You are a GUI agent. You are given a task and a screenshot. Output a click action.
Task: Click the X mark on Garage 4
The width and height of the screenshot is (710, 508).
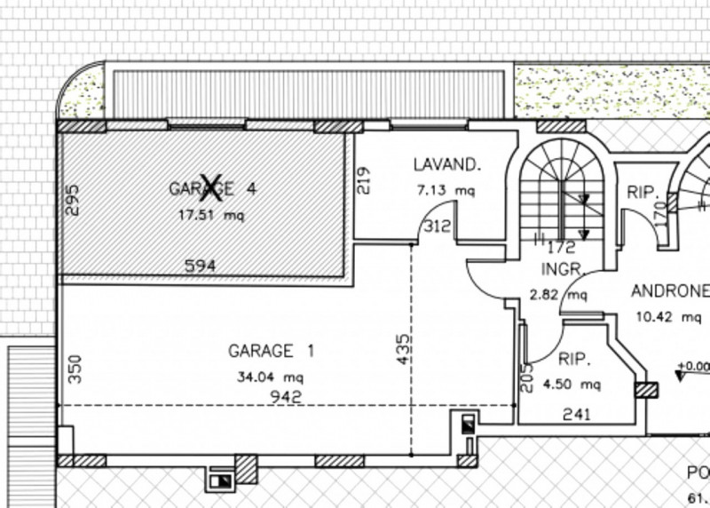click(x=210, y=186)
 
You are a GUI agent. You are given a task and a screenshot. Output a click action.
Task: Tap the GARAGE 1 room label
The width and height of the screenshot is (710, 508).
click(x=271, y=350)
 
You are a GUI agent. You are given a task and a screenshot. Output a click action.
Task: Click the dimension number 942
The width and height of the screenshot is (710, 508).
click(x=289, y=396)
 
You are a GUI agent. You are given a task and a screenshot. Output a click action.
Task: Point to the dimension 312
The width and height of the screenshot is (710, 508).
click(x=437, y=226)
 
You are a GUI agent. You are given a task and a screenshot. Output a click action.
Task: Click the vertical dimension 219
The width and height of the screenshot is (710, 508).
click(x=363, y=180)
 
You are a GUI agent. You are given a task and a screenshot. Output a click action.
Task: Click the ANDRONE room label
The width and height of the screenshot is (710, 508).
click(x=670, y=290)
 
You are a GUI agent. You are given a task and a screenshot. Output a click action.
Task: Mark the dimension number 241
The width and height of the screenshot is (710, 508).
click(x=578, y=413)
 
